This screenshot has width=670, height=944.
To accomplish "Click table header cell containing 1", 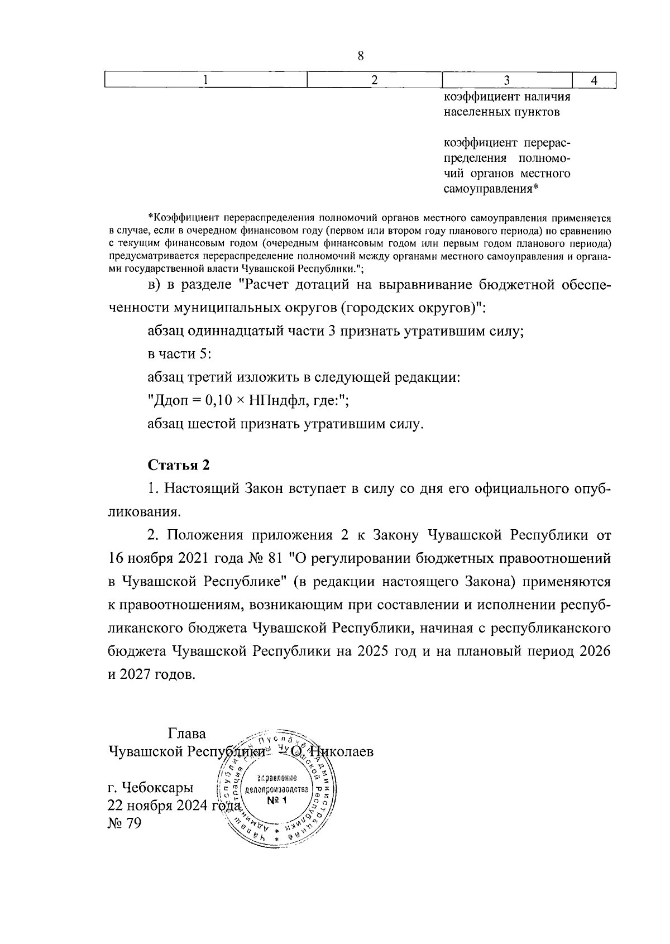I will pyautogui.click(x=205, y=80).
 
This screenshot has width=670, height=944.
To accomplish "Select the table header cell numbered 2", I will pyautogui.click(x=375, y=80).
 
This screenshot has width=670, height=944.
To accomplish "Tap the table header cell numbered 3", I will pyautogui.click(x=507, y=80).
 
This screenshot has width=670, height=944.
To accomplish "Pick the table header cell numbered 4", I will pyautogui.click(x=595, y=80).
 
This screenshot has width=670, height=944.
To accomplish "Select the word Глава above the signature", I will pyautogui.click(x=186, y=733).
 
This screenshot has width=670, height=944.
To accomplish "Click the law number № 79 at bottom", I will pyautogui.click(x=125, y=823).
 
